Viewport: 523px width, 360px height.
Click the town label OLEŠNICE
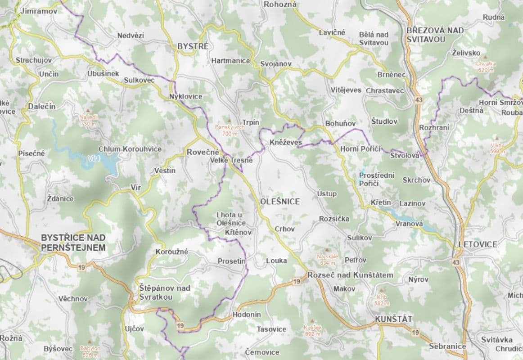click(280, 202)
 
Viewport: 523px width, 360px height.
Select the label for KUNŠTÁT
click(393, 319)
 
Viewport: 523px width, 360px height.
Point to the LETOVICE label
click(478, 244)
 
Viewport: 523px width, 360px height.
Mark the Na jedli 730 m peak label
click(88, 120)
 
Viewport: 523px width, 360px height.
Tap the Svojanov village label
click(276, 64)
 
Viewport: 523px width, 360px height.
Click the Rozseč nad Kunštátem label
click(350, 275)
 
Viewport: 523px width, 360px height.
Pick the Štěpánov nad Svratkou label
click(164, 292)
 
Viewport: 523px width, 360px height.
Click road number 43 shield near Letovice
click(457, 262)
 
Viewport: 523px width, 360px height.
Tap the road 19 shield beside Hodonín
click(180, 325)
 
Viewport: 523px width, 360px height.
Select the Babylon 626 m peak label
click(90, 351)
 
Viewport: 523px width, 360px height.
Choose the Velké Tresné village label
click(231, 160)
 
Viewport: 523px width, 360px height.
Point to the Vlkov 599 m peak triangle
click(497, 139)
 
